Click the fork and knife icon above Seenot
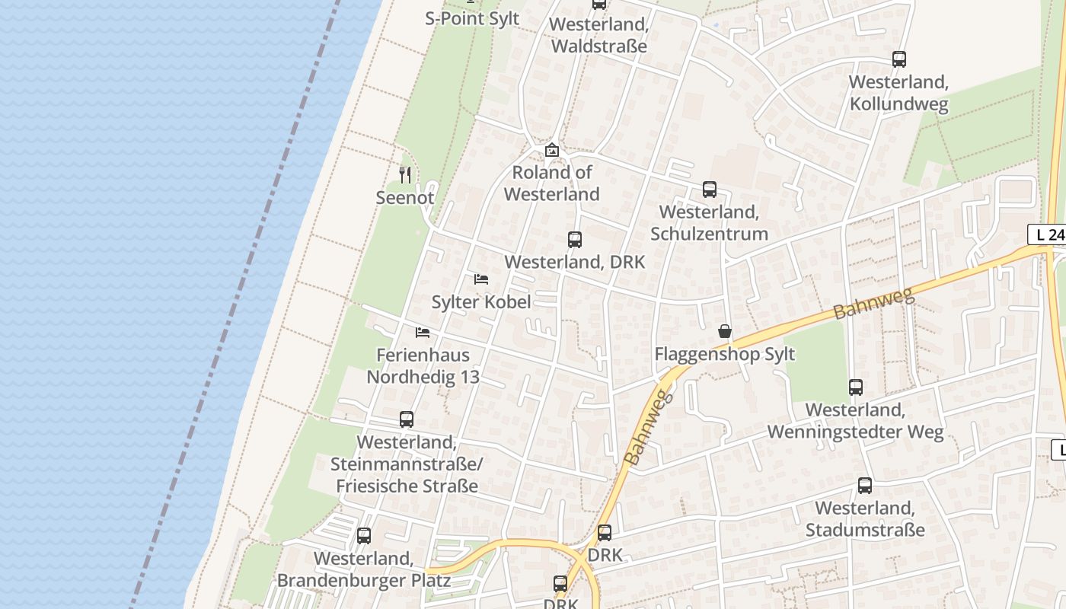pos(405,175)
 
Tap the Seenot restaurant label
pos(405,198)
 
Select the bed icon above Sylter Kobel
pos(481,279)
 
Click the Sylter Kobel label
pos(481,302)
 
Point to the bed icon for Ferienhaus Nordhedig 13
pos(423,333)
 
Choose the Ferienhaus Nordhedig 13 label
pos(423,365)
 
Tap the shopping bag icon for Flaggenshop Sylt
pos(725,331)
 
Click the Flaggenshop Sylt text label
pos(725,354)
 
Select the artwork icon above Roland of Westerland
pos(552,150)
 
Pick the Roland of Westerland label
pos(552,183)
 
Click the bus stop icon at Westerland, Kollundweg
pos(899,59)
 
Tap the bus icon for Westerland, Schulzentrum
pos(710,190)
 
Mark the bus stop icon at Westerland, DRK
pos(575,240)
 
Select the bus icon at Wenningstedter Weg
pos(856,387)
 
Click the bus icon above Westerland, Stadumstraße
pos(865,486)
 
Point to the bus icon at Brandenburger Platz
pos(364,536)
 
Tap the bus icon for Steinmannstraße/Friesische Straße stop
pos(407,419)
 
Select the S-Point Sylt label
pos(472,18)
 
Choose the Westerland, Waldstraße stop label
pos(598,35)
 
